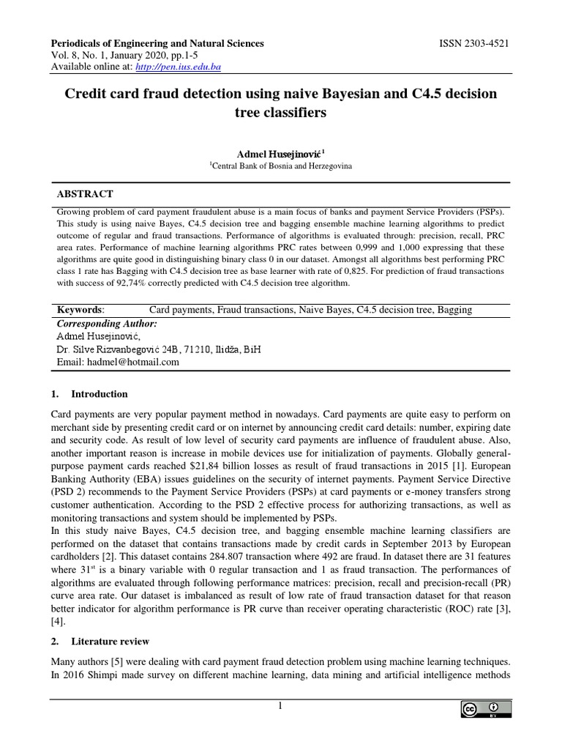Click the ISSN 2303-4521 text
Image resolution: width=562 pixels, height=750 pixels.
(473, 44)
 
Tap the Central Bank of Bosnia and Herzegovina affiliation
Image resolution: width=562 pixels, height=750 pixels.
(281, 166)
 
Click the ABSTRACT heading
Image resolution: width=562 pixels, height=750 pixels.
(85, 194)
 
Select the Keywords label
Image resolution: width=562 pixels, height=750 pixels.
(80, 310)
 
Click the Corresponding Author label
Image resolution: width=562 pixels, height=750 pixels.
(106, 323)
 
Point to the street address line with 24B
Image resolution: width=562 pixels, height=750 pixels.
(158, 349)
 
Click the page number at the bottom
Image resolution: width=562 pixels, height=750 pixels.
(279, 705)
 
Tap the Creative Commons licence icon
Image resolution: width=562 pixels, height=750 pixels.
(484, 709)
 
